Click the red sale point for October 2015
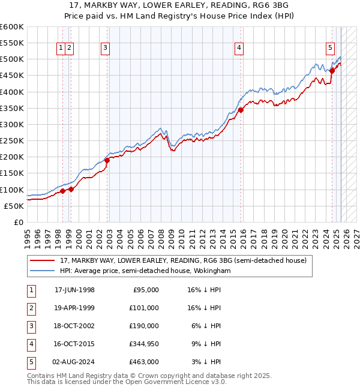(x=241, y=110)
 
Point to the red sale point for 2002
(x=107, y=160)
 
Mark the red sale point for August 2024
(x=332, y=71)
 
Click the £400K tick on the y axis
(x=11, y=92)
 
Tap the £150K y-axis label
(x=11, y=173)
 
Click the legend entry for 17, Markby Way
(x=184, y=260)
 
